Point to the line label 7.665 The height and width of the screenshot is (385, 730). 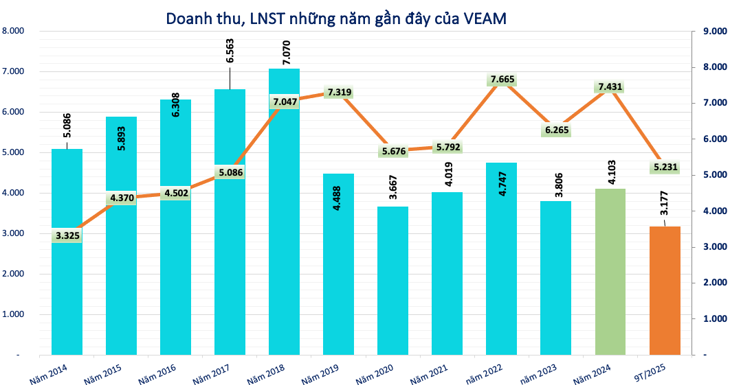[502, 80]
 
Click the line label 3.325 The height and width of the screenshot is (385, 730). [67, 236]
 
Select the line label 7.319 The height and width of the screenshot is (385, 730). [339, 92]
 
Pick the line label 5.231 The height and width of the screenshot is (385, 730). [665, 167]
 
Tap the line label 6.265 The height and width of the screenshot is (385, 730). [556, 130]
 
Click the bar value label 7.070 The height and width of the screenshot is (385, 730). [284, 53]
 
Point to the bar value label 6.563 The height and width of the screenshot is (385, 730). [230, 51]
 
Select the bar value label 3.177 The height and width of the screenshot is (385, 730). [665, 202]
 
